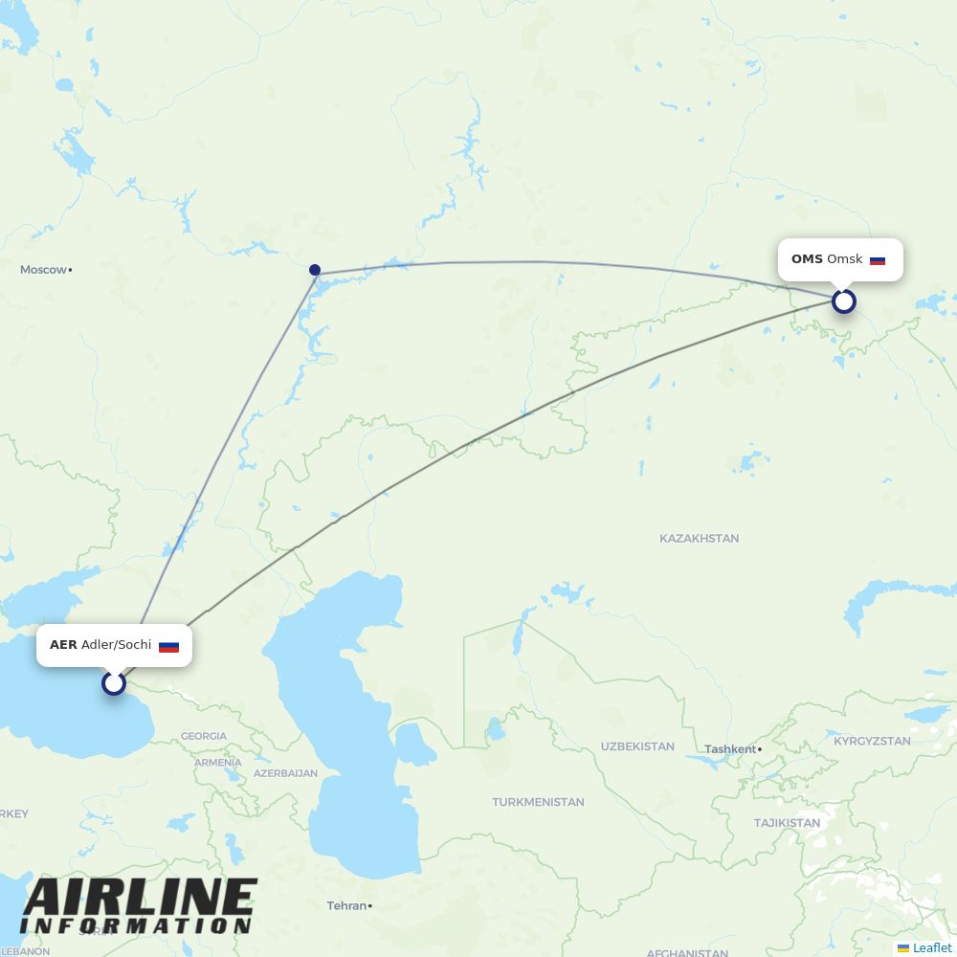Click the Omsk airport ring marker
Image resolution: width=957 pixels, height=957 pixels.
coord(843,301)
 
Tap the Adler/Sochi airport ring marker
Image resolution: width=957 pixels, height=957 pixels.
coord(114,682)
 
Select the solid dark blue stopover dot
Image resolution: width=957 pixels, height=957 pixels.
coord(314,270)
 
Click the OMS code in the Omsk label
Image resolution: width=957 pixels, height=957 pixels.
coord(807,259)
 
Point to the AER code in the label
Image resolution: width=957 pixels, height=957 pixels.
coord(63,645)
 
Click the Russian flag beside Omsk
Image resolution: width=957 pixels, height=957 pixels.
coord(878,260)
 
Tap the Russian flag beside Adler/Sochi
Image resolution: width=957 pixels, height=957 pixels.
coord(168,646)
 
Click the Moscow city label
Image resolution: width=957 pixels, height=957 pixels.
coord(44,270)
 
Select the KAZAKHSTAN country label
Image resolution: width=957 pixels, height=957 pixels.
coord(699,539)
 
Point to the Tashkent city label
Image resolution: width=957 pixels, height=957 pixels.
coord(729,749)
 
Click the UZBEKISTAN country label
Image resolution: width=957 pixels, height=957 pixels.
coord(637,746)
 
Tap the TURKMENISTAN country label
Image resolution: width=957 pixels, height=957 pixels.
coord(538,802)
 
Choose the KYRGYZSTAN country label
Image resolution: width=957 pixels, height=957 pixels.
coord(872,742)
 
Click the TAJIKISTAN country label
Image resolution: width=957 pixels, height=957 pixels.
coord(787,823)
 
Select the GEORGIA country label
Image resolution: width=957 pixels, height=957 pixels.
coord(204,736)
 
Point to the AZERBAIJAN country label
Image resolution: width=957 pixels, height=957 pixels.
coord(285,773)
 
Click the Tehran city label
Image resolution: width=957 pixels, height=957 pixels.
coord(346,905)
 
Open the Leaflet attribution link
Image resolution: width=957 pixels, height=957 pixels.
coord(931,947)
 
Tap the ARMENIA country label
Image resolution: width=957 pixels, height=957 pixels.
coord(217,763)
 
